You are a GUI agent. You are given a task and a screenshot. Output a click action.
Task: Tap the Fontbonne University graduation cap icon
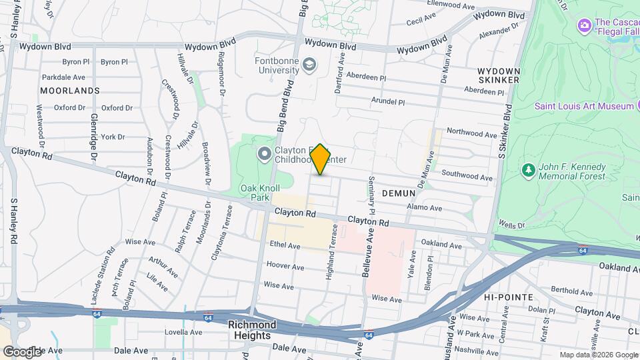coord(309,65)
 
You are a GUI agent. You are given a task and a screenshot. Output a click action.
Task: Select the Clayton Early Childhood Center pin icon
coord(265,155)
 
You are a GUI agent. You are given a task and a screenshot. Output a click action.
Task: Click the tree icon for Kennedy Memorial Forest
coord(529,171)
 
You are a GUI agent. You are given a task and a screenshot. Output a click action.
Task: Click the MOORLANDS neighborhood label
coord(69,90)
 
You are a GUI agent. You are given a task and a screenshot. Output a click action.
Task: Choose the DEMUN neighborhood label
coord(399,193)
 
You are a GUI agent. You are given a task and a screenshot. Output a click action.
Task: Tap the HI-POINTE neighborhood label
coord(508,297)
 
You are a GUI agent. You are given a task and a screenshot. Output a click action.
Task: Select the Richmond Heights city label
coord(252,330)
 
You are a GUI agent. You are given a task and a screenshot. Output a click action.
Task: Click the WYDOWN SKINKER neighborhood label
coord(499,75)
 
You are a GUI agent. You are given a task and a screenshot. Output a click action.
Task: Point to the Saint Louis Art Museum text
coord(583,107)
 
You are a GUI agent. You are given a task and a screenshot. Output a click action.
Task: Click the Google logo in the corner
coord(22,351)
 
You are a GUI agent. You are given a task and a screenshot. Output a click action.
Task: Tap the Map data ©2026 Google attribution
coord(598,355)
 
